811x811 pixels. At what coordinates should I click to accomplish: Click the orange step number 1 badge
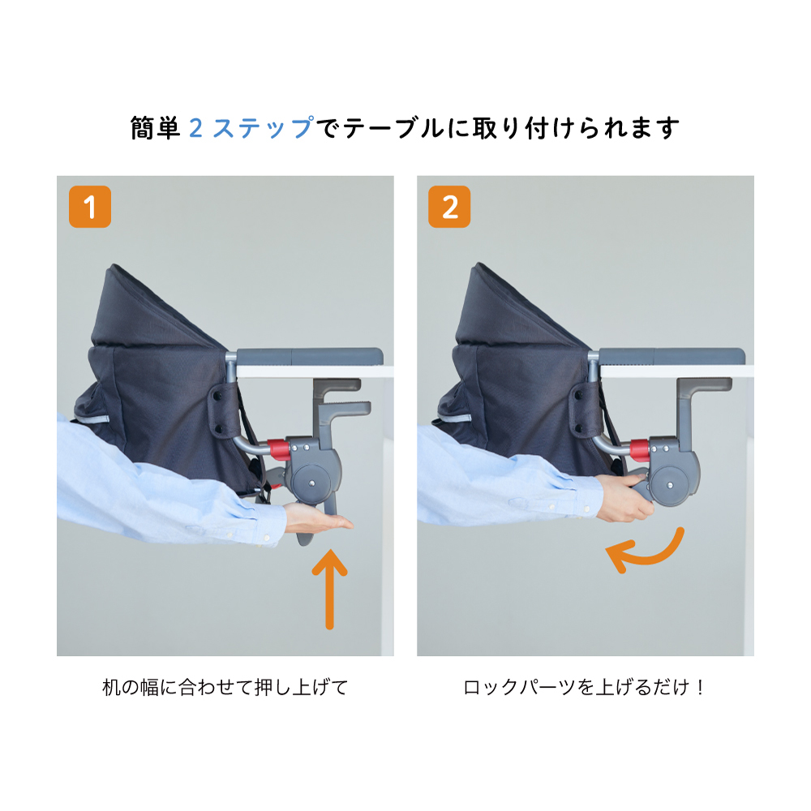click(x=90, y=207)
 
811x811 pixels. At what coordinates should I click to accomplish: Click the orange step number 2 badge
click(x=449, y=207)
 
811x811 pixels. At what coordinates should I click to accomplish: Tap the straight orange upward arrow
click(x=329, y=589)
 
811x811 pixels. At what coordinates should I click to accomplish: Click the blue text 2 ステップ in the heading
click(x=251, y=128)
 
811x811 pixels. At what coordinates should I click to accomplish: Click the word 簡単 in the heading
click(x=155, y=128)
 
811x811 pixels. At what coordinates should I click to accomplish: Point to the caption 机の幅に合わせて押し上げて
click(x=225, y=688)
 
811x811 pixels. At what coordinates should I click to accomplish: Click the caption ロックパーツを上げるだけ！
click(x=585, y=688)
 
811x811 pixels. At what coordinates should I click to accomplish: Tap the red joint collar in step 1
click(x=277, y=449)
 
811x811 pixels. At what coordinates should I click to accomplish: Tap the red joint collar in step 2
click(x=640, y=449)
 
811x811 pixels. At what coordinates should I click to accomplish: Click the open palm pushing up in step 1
click(x=318, y=520)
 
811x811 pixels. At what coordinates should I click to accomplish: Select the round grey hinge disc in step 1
click(x=312, y=483)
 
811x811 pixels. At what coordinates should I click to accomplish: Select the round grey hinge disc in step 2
click(x=671, y=485)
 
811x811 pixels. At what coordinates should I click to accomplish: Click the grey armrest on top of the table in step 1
click(x=309, y=357)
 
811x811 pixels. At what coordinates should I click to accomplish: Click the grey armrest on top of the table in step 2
click(x=672, y=357)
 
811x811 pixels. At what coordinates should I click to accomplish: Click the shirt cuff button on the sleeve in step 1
click(x=266, y=539)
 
